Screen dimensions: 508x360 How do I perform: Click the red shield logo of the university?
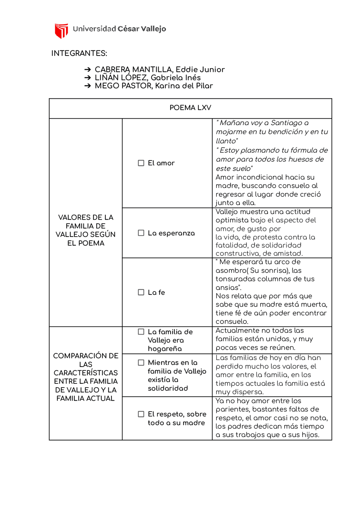(x=61, y=30)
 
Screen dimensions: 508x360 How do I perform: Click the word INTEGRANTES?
(x=79, y=53)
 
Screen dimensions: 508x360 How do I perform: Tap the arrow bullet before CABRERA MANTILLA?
(x=88, y=69)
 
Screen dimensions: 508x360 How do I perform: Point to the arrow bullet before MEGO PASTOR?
(x=88, y=86)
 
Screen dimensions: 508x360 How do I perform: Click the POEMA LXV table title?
(x=190, y=108)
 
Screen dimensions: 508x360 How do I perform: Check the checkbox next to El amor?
(x=141, y=163)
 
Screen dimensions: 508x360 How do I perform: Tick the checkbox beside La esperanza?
(x=141, y=233)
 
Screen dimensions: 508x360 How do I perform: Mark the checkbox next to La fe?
(x=141, y=292)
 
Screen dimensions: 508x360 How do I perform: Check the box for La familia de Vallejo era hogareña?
(x=141, y=332)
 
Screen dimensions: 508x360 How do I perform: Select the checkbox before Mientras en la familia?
(x=141, y=363)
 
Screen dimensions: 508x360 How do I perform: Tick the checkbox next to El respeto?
(x=141, y=414)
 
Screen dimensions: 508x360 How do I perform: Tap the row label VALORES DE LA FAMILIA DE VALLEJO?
(x=85, y=230)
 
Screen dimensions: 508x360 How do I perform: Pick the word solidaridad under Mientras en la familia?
(x=168, y=388)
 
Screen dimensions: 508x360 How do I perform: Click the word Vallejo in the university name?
(x=153, y=29)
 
